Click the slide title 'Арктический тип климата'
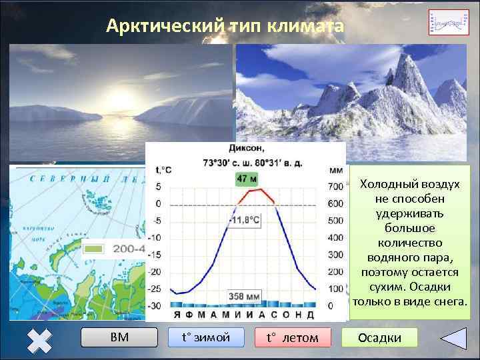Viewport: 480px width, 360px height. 225,27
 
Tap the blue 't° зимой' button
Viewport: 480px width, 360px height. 206,337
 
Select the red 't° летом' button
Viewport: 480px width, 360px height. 292,337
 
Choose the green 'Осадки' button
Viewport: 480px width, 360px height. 379,337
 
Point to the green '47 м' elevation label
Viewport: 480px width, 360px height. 246,179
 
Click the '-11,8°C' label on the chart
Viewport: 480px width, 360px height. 245,219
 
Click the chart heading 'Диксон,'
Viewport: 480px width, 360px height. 246,148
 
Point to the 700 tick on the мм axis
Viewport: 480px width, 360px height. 335,186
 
